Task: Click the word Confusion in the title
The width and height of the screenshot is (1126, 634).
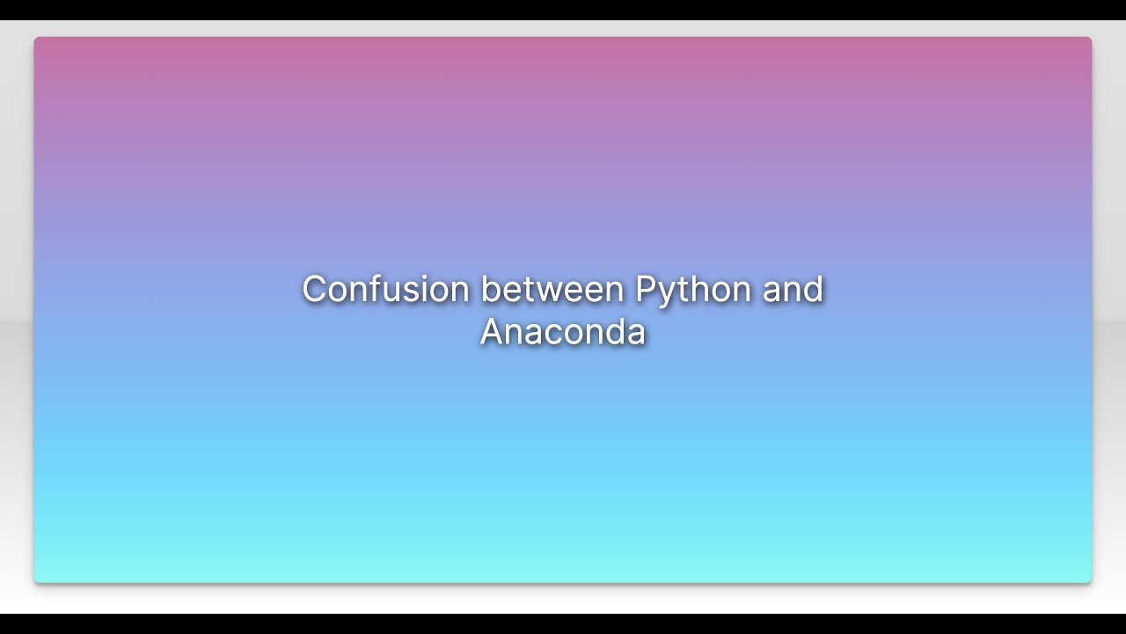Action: pos(385,289)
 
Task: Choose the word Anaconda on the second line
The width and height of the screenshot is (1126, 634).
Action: pos(563,332)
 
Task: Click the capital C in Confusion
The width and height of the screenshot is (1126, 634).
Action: pos(314,289)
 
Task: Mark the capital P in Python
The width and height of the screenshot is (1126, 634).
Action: pos(645,289)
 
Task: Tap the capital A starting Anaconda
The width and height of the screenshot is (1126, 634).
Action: pos(492,332)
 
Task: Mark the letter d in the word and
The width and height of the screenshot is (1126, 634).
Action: pos(813,289)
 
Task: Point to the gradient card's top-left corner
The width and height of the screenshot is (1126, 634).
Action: pos(35,38)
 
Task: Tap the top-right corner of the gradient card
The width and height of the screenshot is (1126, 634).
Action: pos(1091,38)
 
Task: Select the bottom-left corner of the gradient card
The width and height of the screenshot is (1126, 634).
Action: pos(35,581)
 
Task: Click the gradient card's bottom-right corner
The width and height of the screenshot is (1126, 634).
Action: pos(1091,581)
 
